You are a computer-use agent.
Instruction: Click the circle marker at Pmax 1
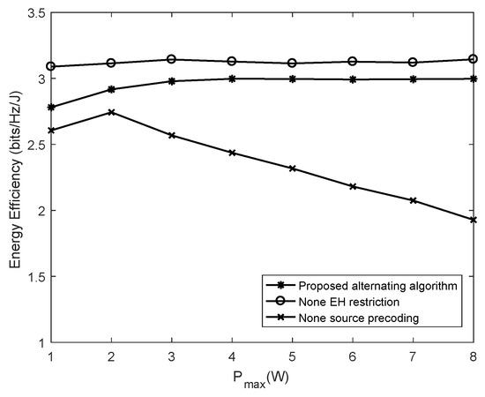click(x=51, y=66)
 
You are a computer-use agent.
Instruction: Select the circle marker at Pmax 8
click(x=473, y=59)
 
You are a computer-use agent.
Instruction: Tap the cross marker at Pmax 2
click(x=111, y=112)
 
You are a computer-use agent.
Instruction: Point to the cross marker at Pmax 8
click(x=473, y=220)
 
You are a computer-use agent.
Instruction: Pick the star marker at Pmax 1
click(x=51, y=107)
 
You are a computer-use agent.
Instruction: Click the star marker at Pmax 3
click(x=172, y=81)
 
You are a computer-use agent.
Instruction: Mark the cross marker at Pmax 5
click(x=292, y=169)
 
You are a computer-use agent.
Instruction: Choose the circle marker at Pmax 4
click(x=232, y=61)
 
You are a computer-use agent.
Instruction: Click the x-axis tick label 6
click(x=353, y=355)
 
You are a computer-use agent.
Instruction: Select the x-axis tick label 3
click(x=172, y=355)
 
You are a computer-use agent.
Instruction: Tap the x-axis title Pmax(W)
click(x=261, y=378)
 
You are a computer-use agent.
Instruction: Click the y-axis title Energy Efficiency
click(x=12, y=177)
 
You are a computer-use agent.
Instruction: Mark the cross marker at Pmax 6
click(x=353, y=186)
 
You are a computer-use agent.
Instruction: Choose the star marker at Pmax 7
click(x=413, y=79)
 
